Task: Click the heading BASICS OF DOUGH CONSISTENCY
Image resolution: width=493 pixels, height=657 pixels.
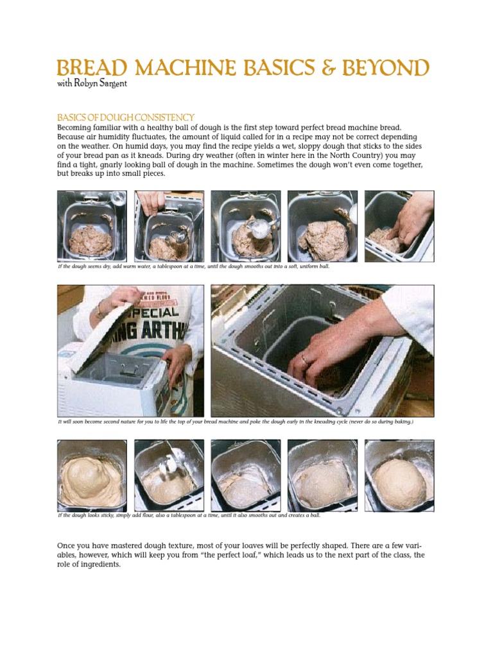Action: point(126,117)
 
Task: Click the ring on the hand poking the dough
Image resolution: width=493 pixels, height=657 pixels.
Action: point(304,360)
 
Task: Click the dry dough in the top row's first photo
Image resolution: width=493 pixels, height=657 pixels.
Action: point(91,239)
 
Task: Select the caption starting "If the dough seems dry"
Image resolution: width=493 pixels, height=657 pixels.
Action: point(193,266)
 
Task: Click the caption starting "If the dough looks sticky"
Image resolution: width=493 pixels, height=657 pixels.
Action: point(189,515)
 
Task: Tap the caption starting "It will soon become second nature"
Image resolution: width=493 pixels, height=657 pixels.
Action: point(235,422)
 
